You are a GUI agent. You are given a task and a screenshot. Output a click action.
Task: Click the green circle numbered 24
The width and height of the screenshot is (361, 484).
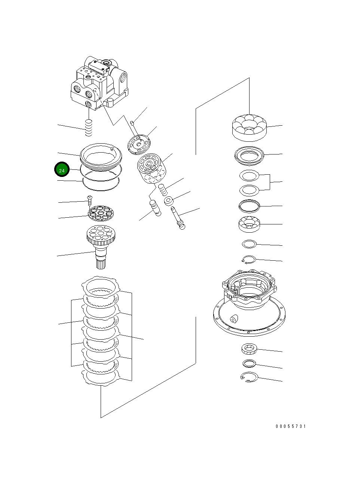point(62,170)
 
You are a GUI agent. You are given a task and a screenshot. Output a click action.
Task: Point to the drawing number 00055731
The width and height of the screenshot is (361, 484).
point(291,426)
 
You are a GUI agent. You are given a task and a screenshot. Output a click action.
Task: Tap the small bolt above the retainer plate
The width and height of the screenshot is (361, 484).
point(90,199)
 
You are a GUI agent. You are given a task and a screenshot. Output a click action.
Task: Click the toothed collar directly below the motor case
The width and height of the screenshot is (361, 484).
point(249,350)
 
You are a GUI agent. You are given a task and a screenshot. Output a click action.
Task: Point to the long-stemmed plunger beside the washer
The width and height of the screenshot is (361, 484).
point(178,217)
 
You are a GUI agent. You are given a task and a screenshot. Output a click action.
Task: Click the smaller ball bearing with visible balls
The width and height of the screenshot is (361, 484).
point(249,224)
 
